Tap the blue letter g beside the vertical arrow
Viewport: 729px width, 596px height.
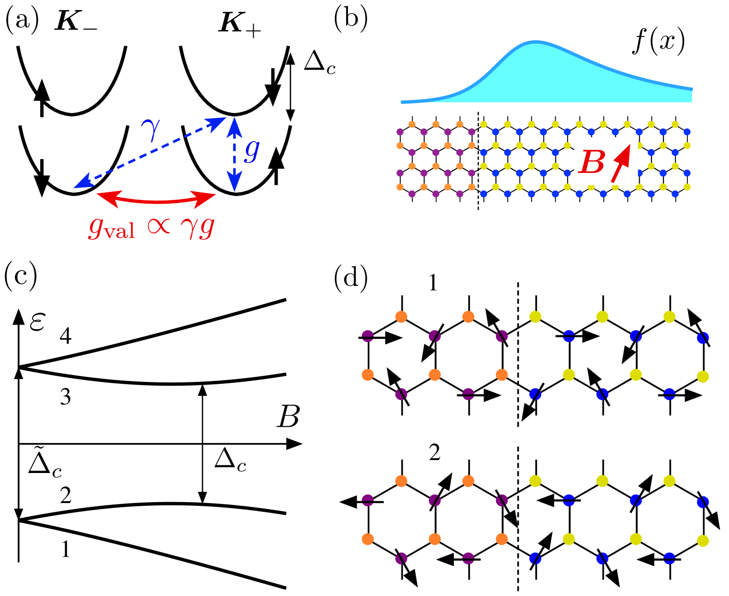(251, 150)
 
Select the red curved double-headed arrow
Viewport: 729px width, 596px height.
(156, 201)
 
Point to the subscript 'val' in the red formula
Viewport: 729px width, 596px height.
(119, 230)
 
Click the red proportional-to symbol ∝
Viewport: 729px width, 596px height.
(159, 226)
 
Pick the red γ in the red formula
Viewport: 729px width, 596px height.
(189, 227)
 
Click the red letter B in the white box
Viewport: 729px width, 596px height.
(592, 162)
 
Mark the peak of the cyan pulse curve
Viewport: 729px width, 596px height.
(535, 43)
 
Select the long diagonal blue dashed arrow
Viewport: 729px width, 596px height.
(150, 153)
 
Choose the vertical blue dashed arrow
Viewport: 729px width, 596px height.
(234, 154)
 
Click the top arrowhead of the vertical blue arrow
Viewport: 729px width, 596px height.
(234, 125)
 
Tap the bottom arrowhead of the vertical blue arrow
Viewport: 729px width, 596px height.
(234, 182)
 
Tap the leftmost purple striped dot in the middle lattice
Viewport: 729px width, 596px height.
(368, 336)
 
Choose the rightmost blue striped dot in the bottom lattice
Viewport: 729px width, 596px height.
(703, 502)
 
